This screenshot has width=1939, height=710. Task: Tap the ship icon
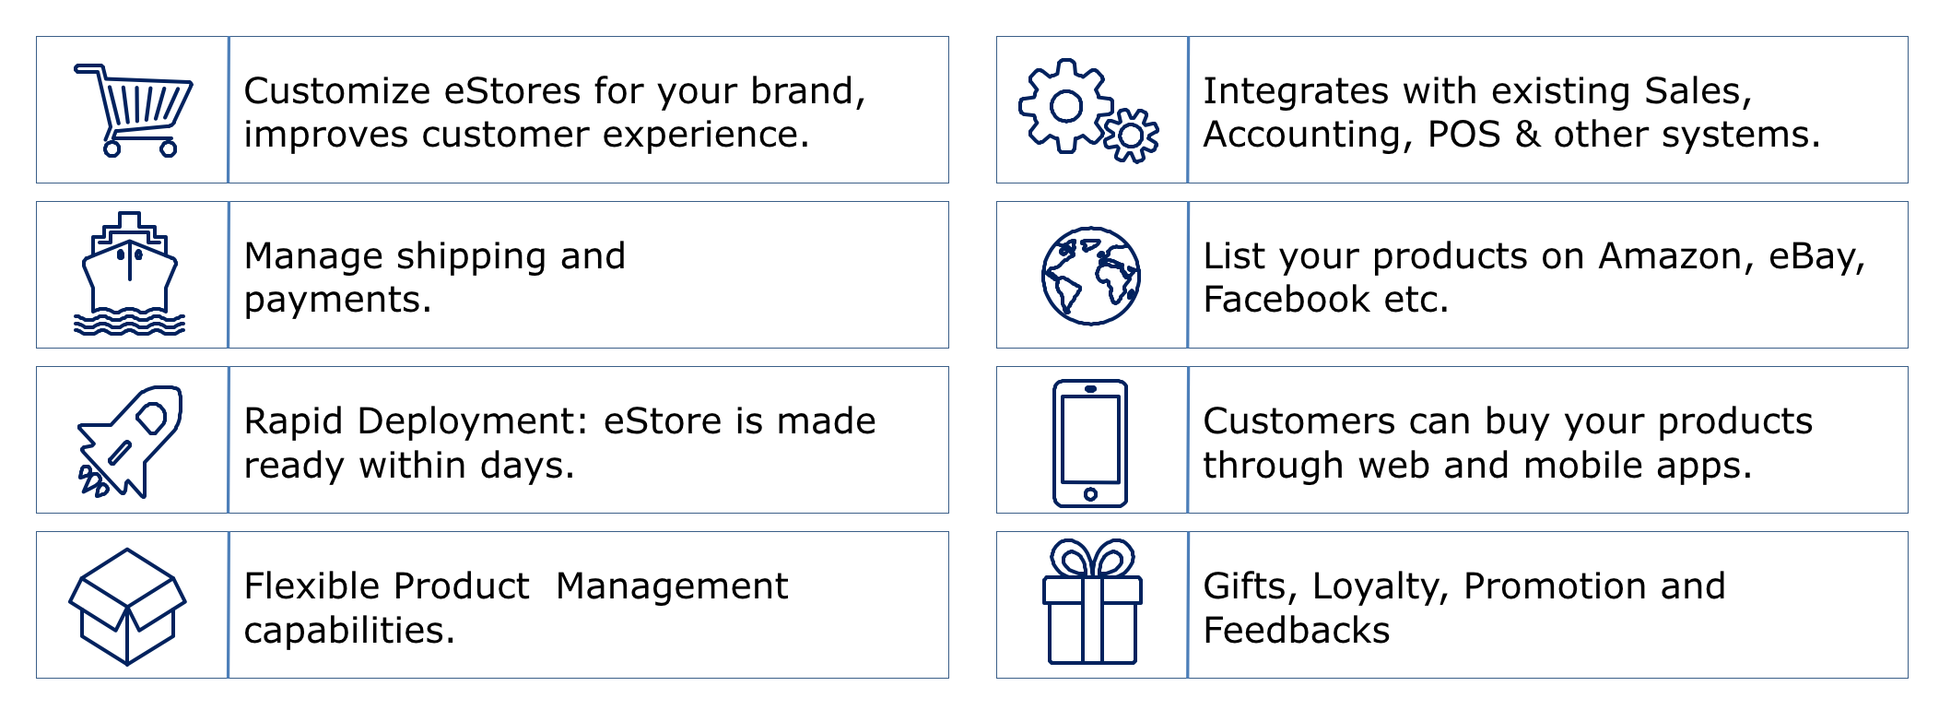pyautogui.click(x=129, y=274)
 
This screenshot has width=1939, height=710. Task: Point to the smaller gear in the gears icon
pyautogui.click(x=1131, y=136)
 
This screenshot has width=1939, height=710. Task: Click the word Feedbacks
pyautogui.click(x=1297, y=631)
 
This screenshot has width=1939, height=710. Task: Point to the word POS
pyautogui.click(x=1464, y=135)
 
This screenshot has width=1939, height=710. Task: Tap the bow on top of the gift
pyautogui.click(x=1092, y=559)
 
